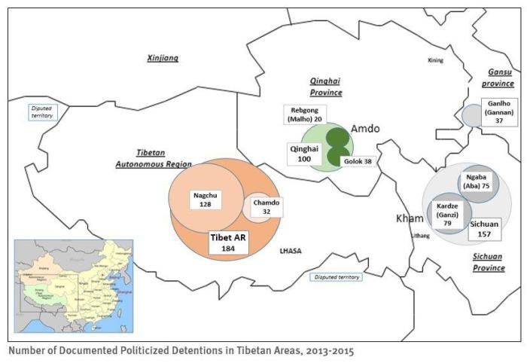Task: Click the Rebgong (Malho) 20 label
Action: (x=303, y=114)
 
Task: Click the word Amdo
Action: (x=364, y=129)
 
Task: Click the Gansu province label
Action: (x=497, y=78)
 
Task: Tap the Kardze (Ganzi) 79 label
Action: (x=447, y=211)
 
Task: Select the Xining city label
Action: (x=435, y=60)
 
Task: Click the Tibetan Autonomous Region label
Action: (x=154, y=157)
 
